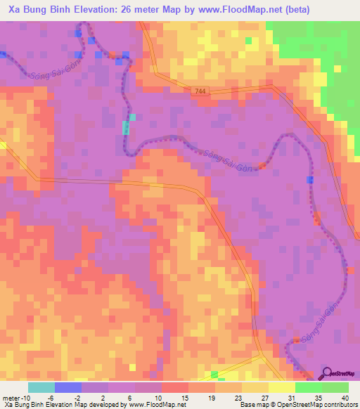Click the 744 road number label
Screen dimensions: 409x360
pyautogui.click(x=201, y=91)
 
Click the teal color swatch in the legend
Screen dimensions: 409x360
pyautogui.click(x=41, y=387)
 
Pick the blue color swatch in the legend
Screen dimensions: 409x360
pyautogui.click(x=68, y=387)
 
